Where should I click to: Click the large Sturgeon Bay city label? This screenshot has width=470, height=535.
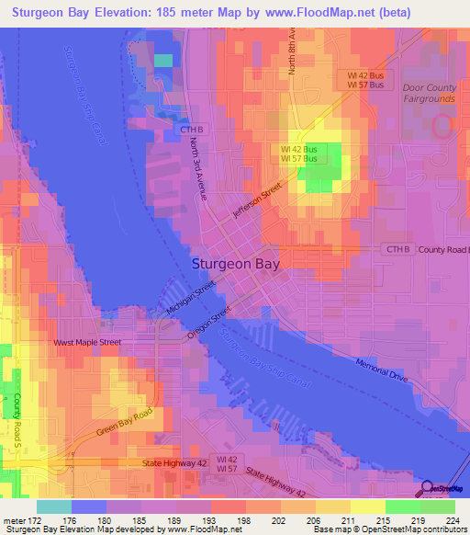(x=236, y=263)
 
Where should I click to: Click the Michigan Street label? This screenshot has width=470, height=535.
(x=191, y=301)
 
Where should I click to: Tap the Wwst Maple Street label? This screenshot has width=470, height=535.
(x=87, y=343)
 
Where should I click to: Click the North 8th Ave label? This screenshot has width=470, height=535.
(x=291, y=51)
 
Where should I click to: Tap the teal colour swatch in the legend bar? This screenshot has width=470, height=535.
(x=53, y=507)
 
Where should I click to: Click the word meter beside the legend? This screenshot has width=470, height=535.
(x=14, y=520)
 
